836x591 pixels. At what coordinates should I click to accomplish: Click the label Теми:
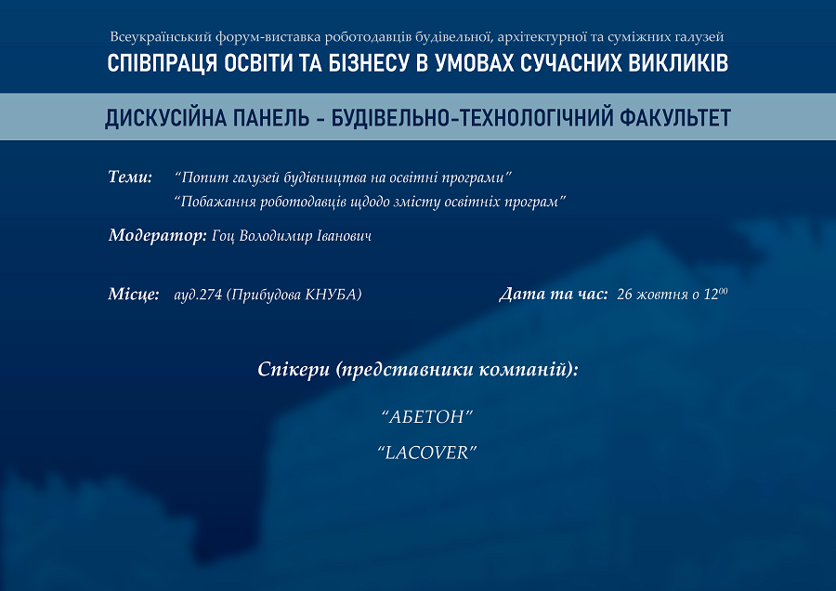pyautogui.click(x=130, y=177)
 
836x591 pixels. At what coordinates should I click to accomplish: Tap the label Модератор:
pyautogui.click(x=157, y=235)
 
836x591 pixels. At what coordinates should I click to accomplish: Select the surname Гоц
pyautogui.click(x=223, y=236)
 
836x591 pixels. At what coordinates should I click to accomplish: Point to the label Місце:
pyautogui.click(x=133, y=294)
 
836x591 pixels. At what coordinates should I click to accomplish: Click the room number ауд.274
pyautogui.click(x=198, y=295)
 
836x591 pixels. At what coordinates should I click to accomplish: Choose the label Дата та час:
pyautogui.click(x=554, y=294)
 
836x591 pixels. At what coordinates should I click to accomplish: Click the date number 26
pyautogui.click(x=624, y=295)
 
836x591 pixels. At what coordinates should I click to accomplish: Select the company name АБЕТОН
pyautogui.click(x=427, y=416)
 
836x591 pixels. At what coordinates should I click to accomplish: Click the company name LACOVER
pyautogui.click(x=426, y=453)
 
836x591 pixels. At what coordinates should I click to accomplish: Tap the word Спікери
pyautogui.click(x=294, y=369)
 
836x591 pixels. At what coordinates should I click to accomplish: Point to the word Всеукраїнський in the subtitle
pyautogui.click(x=161, y=37)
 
